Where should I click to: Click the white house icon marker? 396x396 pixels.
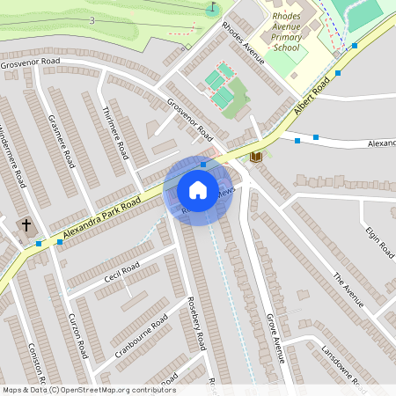coord(198,190)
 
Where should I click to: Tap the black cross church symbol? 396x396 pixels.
coord(26,226)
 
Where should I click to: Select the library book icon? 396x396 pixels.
coord(256,157)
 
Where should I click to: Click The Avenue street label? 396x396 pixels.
coord(348,290)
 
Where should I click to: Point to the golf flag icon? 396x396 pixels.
coord(211,9)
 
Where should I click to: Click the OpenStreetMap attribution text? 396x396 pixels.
coord(89,389)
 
